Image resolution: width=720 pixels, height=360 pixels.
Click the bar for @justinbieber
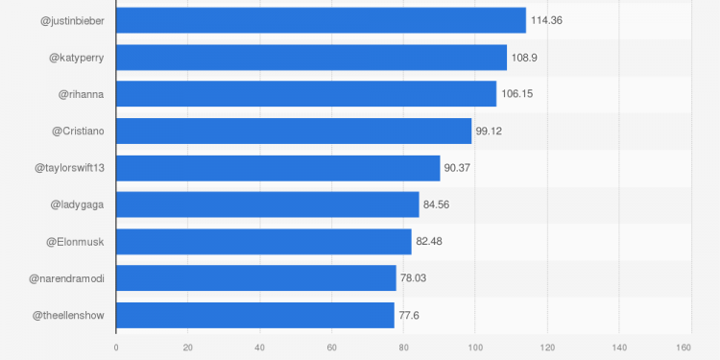[321, 20]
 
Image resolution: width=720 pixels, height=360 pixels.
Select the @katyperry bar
[311, 58]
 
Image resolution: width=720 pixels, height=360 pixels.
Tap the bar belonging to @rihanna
[306, 94]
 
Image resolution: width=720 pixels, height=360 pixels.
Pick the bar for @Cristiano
[294, 131]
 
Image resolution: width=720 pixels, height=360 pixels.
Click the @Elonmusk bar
[264, 241]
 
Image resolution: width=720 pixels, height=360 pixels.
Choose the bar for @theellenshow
[255, 315]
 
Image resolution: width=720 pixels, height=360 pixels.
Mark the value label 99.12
[491, 132]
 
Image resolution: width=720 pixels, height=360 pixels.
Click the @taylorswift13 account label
[69, 168]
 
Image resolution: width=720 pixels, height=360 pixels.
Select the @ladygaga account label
[77, 204]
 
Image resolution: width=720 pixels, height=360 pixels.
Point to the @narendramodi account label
[66, 278]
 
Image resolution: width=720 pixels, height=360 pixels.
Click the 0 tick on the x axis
[116, 348]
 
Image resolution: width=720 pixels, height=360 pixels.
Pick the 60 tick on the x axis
[331, 348]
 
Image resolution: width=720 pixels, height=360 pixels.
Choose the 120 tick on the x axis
[547, 348]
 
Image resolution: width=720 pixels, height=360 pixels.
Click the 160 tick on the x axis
[684, 348]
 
